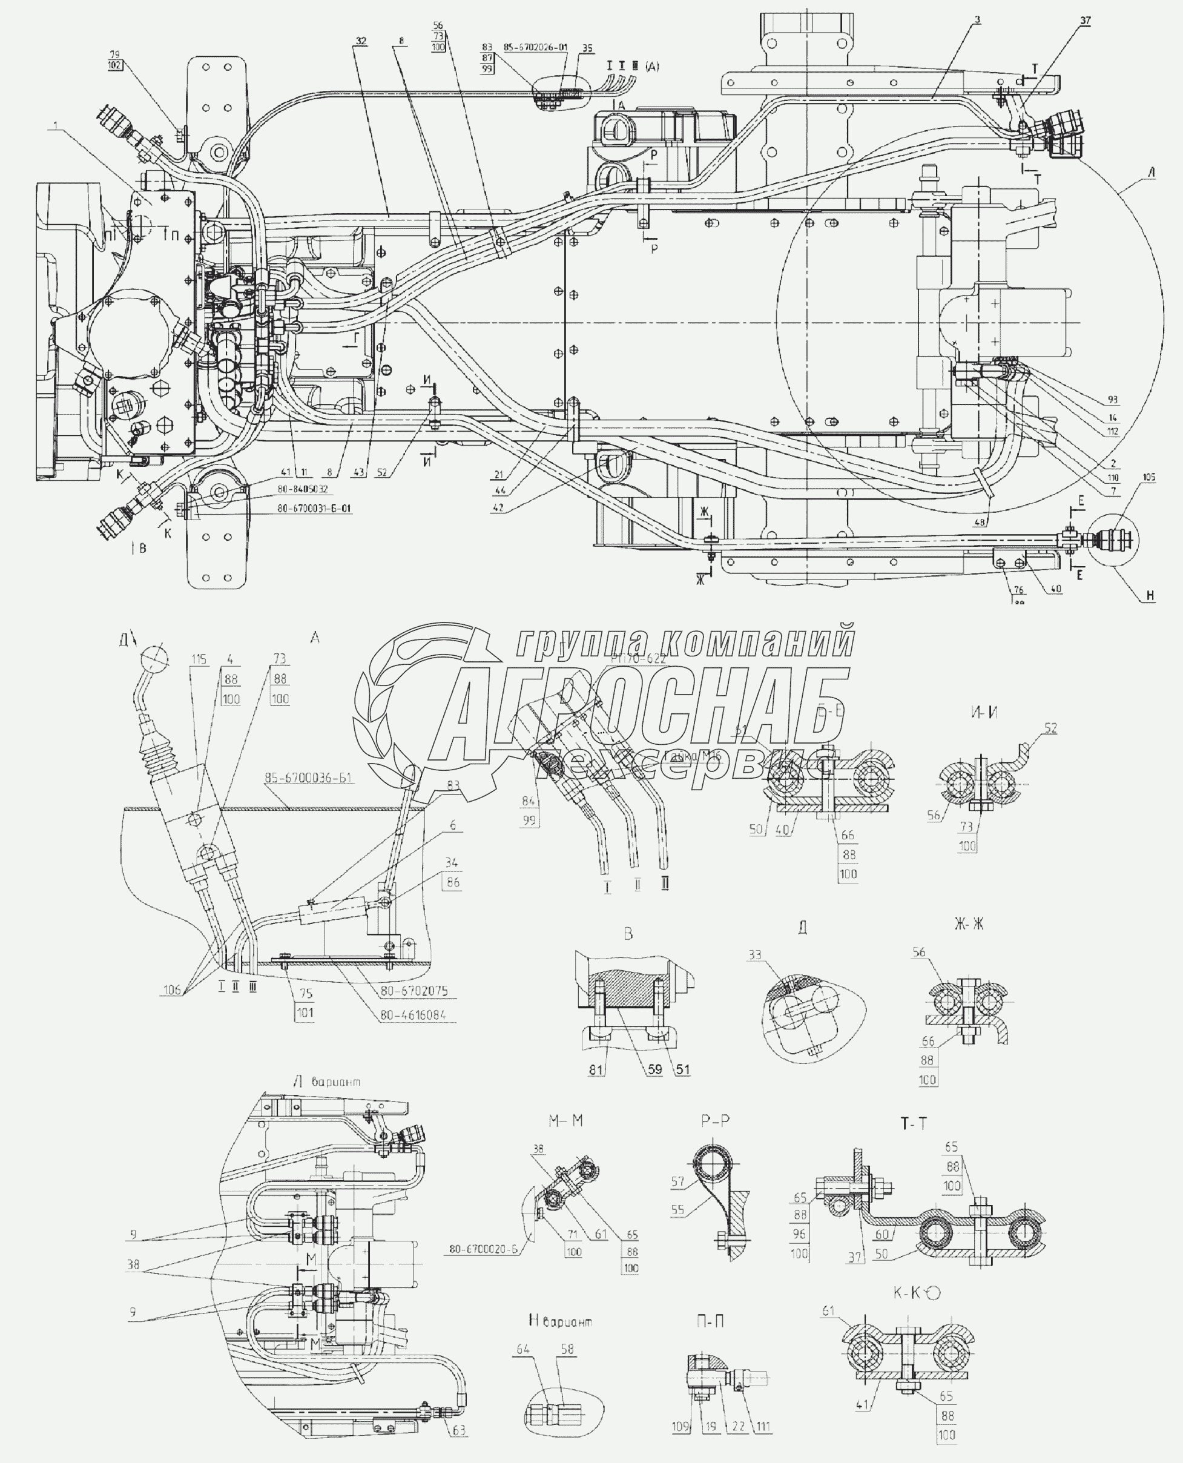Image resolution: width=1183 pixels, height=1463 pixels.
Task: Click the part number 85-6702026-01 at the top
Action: coord(535,48)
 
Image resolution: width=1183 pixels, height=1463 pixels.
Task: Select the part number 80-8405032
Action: coord(302,489)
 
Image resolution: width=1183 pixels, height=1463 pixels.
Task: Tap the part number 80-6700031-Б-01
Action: coord(314,508)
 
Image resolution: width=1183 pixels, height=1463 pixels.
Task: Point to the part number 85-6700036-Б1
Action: coord(309,778)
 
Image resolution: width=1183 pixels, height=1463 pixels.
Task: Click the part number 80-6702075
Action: coord(414,991)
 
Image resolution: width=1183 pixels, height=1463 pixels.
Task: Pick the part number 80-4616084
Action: coord(413,1015)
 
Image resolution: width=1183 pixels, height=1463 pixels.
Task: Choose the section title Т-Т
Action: coord(913,1123)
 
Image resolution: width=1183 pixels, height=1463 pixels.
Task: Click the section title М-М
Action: coord(565,1121)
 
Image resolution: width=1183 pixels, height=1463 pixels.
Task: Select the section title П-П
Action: coord(710,1321)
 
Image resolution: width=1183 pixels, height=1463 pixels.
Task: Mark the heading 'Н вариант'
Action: coord(560,1321)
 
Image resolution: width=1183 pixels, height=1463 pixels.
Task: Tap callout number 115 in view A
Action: coord(199,659)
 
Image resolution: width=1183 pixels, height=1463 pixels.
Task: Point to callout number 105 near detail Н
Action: coord(1149,478)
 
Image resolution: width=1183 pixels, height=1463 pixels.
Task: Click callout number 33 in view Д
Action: coord(754,955)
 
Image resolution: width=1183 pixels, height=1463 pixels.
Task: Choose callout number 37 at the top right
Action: coord(1085,21)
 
